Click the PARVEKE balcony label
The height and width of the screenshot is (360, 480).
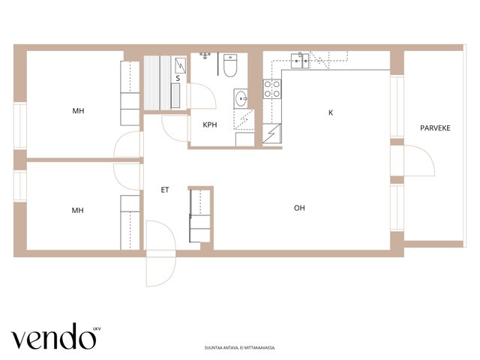click(435, 128)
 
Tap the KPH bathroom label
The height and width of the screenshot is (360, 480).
click(210, 124)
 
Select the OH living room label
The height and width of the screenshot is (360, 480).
click(299, 208)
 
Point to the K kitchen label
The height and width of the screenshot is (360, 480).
click(331, 112)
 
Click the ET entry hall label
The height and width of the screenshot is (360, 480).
click(165, 190)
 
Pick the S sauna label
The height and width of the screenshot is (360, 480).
click(178, 78)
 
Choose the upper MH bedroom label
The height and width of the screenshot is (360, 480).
click(78, 110)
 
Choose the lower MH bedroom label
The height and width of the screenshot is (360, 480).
click(77, 210)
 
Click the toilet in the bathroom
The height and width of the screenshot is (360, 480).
click(230, 65)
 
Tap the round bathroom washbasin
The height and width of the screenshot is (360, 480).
click(241, 98)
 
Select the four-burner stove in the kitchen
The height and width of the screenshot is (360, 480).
click(271, 88)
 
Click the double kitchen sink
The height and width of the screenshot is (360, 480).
click(300, 61)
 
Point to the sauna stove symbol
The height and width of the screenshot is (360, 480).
click(180, 65)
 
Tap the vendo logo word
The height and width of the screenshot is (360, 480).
click(53, 337)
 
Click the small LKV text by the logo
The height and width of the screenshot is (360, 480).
click(97, 329)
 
